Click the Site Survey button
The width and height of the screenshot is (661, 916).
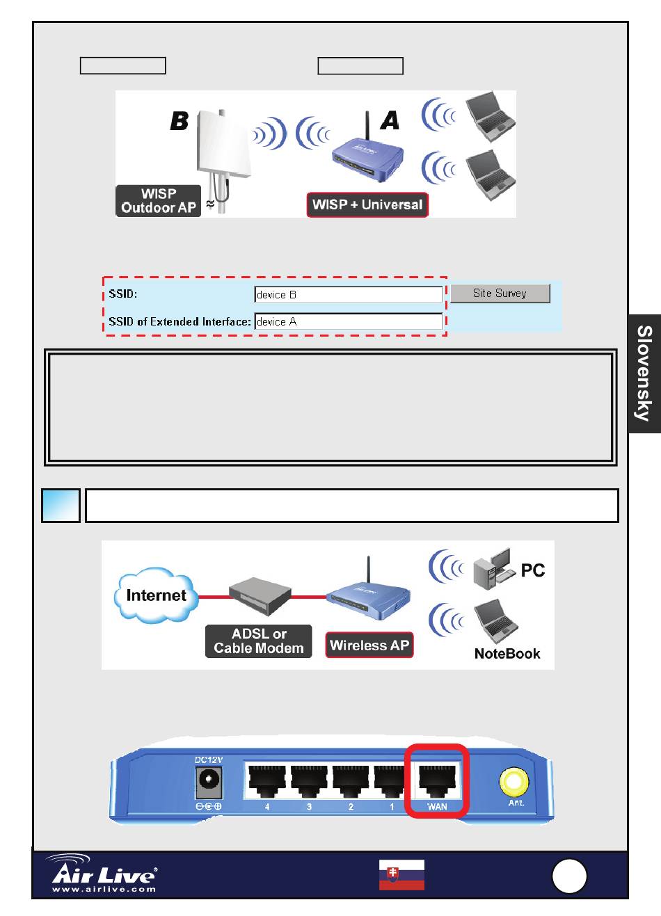[x=500, y=294]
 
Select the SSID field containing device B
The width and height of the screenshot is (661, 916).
[x=348, y=294]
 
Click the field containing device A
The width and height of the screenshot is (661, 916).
[x=348, y=321]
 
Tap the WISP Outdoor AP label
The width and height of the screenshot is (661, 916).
[x=159, y=201]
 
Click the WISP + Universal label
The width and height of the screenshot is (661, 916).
[x=367, y=204]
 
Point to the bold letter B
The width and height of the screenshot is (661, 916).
[x=179, y=121]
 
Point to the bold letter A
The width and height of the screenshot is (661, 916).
[x=390, y=120]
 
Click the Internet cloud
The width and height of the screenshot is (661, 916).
[x=156, y=595]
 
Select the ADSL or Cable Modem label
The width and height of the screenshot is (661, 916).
[x=259, y=641]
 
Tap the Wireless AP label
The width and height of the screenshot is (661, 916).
[x=369, y=645]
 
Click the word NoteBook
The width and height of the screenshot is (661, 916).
[x=507, y=654]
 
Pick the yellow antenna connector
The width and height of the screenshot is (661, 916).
[x=513, y=782]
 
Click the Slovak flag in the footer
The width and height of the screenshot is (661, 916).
[x=401, y=875]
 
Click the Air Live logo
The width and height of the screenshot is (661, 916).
[x=102, y=873]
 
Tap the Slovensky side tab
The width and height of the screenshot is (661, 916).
[x=644, y=373]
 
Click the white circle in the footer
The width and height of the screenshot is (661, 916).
[x=569, y=876]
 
